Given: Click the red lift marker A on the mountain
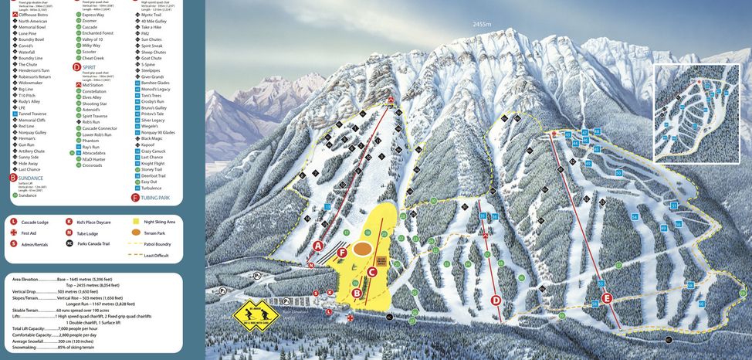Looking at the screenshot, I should click(317, 246).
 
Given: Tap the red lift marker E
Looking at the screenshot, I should click(606, 298).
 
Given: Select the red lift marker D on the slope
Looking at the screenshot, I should click(496, 300).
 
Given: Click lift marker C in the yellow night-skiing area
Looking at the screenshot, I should click(371, 271).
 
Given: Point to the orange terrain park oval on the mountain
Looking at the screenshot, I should click(362, 249).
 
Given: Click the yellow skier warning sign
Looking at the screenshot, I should click(261, 313).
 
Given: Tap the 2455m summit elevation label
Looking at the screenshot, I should click(483, 24).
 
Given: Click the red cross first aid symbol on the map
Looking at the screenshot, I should click(351, 317).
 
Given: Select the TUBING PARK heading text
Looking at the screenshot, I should click(157, 198).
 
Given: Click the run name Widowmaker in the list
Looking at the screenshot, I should click(32, 83).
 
